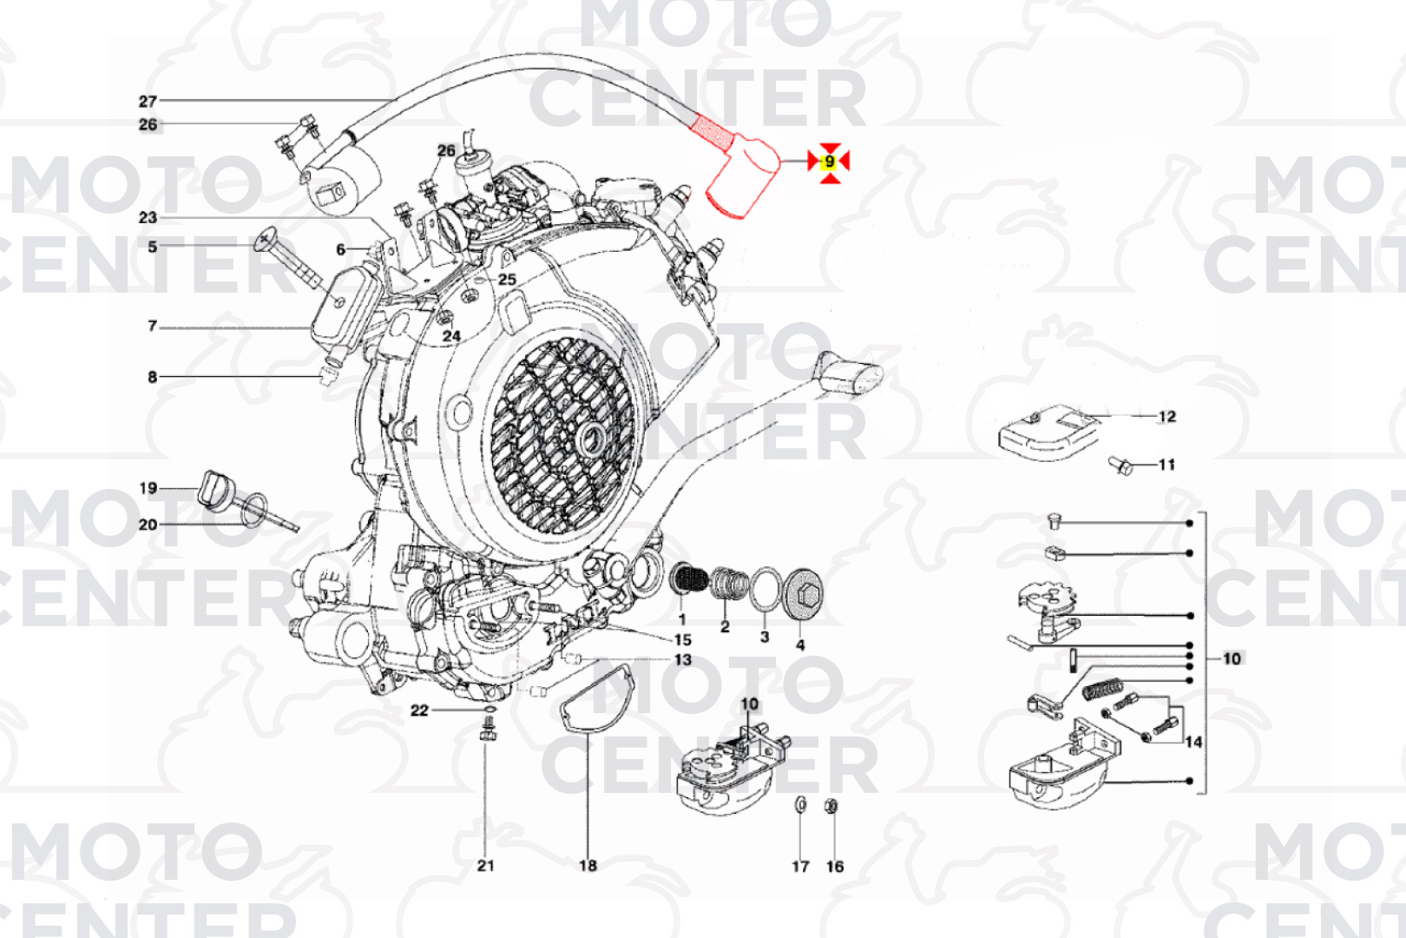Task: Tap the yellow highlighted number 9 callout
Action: (x=830, y=162)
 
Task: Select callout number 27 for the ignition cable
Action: (x=148, y=102)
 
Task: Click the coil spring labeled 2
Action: (x=728, y=585)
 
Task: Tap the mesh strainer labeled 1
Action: (x=691, y=579)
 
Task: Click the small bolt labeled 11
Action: (x=1120, y=466)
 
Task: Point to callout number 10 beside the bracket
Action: (x=1232, y=658)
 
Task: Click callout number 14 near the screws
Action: (x=1193, y=742)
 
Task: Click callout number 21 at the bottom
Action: (x=486, y=865)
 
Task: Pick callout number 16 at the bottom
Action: (x=834, y=866)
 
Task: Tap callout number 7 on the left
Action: (x=153, y=327)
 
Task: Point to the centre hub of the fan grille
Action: (x=593, y=437)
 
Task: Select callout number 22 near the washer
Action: (x=419, y=710)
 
